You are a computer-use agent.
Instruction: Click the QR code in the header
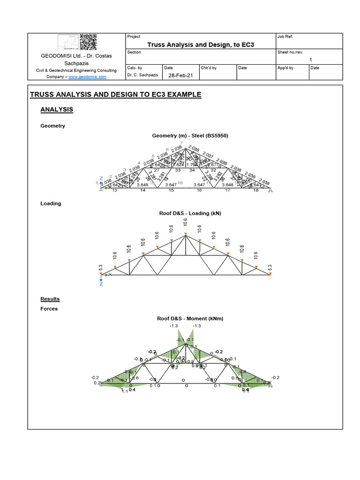coord(88,42)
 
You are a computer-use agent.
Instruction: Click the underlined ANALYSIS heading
coord(57,109)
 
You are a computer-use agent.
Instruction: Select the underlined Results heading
coord(50,299)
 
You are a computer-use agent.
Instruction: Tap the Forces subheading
coord(49,309)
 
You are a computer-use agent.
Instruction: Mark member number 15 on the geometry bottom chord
coord(171,191)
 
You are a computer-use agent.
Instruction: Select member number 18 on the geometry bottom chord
coord(255,191)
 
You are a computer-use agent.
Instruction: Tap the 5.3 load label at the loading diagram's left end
coord(100,268)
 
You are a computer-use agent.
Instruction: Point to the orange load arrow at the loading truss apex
coord(186,233)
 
